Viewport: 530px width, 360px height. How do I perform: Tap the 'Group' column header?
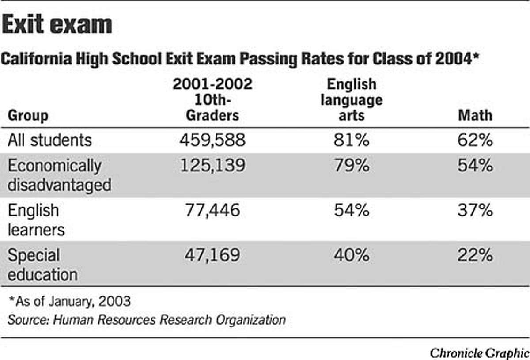click(x=28, y=116)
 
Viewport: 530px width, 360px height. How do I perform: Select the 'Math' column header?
click(x=474, y=116)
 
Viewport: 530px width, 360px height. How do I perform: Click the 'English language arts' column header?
click(x=352, y=100)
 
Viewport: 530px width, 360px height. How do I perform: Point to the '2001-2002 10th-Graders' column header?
click(x=212, y=100)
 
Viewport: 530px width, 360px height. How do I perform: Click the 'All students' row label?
click(x=50, y=140)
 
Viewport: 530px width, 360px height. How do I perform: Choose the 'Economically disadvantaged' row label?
click(x=59, y=175)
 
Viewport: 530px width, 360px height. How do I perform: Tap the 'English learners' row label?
click(x=36, y=219)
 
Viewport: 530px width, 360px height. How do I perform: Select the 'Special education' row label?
click(x=42, y=264)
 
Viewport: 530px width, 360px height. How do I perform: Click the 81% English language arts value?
click(x=351, y=140)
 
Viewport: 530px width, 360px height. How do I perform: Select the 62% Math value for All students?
click(x=474, y=140)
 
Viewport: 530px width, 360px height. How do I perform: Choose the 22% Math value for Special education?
click(x=474, y=255)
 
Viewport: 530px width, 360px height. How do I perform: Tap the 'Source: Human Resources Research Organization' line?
click(x=146, y=319)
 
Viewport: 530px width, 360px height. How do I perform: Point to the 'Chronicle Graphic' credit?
click(x=479, y=352)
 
